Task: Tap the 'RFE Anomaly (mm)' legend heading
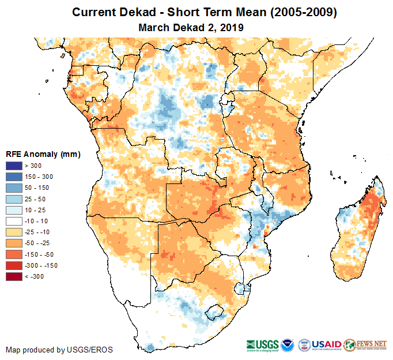43,154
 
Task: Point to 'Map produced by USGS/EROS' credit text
59,350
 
